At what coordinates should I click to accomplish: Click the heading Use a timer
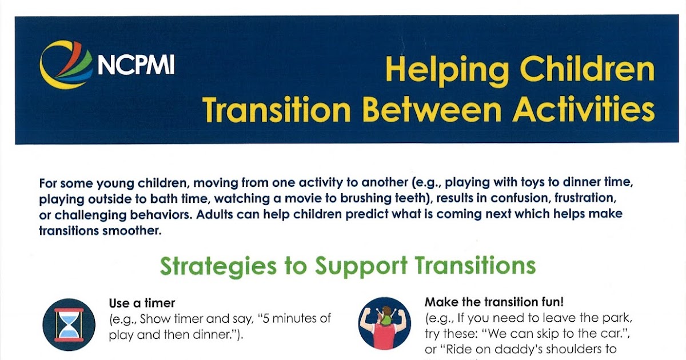142,303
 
